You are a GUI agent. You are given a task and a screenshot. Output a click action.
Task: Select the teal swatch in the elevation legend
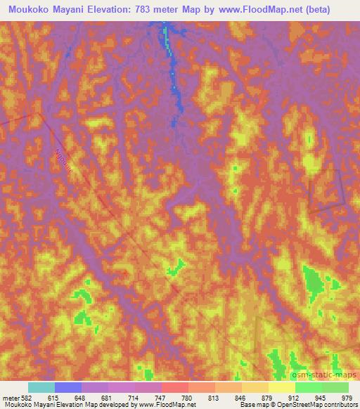click(x=41, y=387)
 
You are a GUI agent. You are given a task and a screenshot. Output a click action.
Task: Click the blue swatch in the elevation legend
click(x=68, y=387)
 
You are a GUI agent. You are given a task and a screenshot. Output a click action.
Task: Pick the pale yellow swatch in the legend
click(x=282, y=387)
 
